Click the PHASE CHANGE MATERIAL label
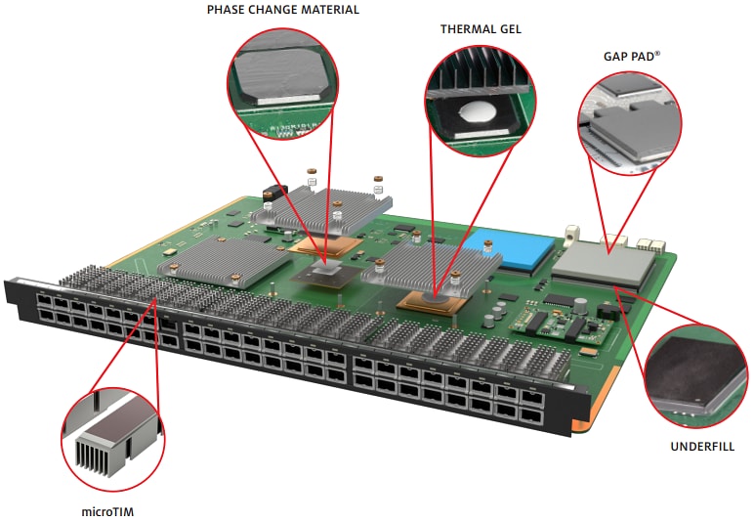(x=283, y=10)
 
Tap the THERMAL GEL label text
(x=481, y=29)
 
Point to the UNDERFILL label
(x=702, y=446)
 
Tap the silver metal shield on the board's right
(x=603, y=264)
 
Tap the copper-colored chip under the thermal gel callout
(x=434, y=303)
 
